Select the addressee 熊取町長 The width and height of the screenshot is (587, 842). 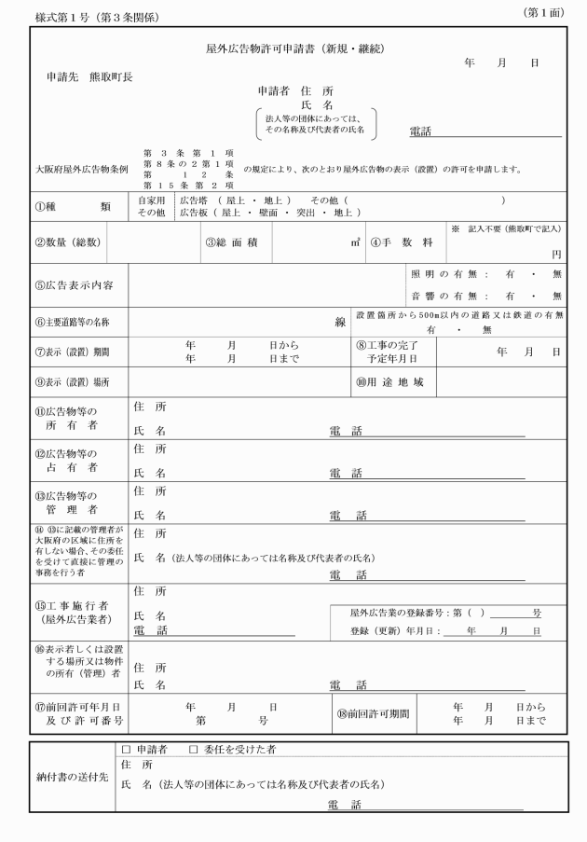click(110, 76)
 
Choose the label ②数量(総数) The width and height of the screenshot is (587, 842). click(69, 242)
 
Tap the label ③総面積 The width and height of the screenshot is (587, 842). click(238, 242)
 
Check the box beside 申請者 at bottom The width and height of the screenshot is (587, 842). click(127, 749)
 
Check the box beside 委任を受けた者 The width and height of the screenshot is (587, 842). click(194, 749)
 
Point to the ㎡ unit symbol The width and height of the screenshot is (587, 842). click(355, 242)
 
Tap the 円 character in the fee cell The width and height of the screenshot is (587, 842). click(556, 254)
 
